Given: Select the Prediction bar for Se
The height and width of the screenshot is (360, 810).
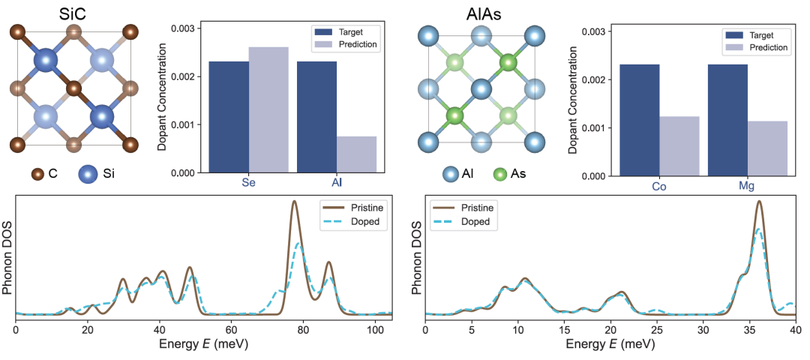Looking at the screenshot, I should pyautogui.click(x=268, y=109).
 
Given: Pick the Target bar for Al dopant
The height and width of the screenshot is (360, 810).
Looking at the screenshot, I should pyautogui.click(x=316, y=117).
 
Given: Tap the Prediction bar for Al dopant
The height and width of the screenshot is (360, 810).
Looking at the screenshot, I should pyautogui.click(x=356, y=154).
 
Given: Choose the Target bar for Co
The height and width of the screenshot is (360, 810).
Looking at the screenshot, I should pyautogui.click(x=639, y=120).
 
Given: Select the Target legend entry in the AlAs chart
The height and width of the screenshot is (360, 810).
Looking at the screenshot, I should pyautogui.click(x=758, y=34).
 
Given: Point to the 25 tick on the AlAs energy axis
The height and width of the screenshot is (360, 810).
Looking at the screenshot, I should pyautogui.click(x=656, y=328).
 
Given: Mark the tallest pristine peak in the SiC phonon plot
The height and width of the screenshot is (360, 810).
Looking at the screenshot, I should pyautogui.click(x=294, y=202).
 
